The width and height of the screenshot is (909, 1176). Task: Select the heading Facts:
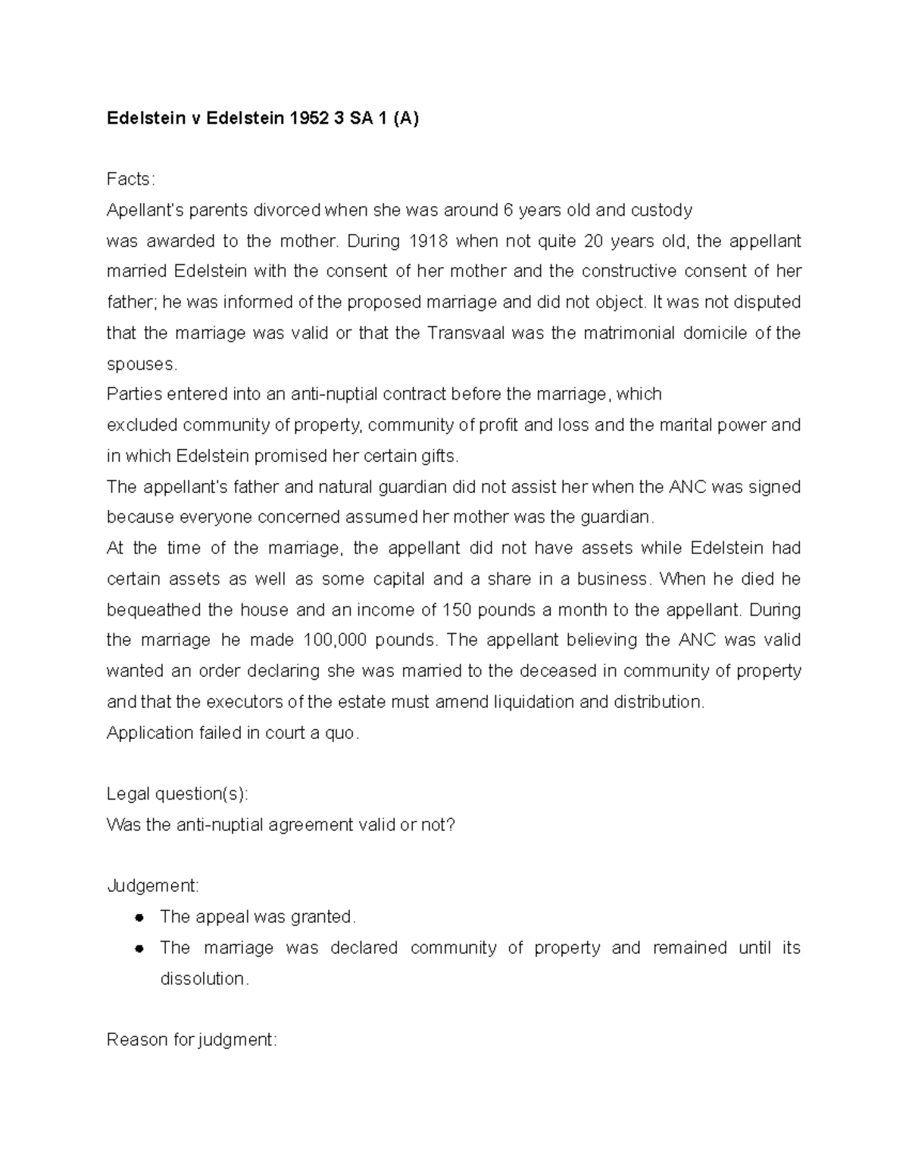tap(130, 179)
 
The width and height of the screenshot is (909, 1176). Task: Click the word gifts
tap(436, 457)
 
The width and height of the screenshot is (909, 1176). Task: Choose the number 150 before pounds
tap(456, 610)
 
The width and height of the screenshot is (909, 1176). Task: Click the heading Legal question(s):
tap(177, 794)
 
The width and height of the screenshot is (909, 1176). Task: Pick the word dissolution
tap(204, 979)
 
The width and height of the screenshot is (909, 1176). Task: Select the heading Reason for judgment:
tap(192, 1040)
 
